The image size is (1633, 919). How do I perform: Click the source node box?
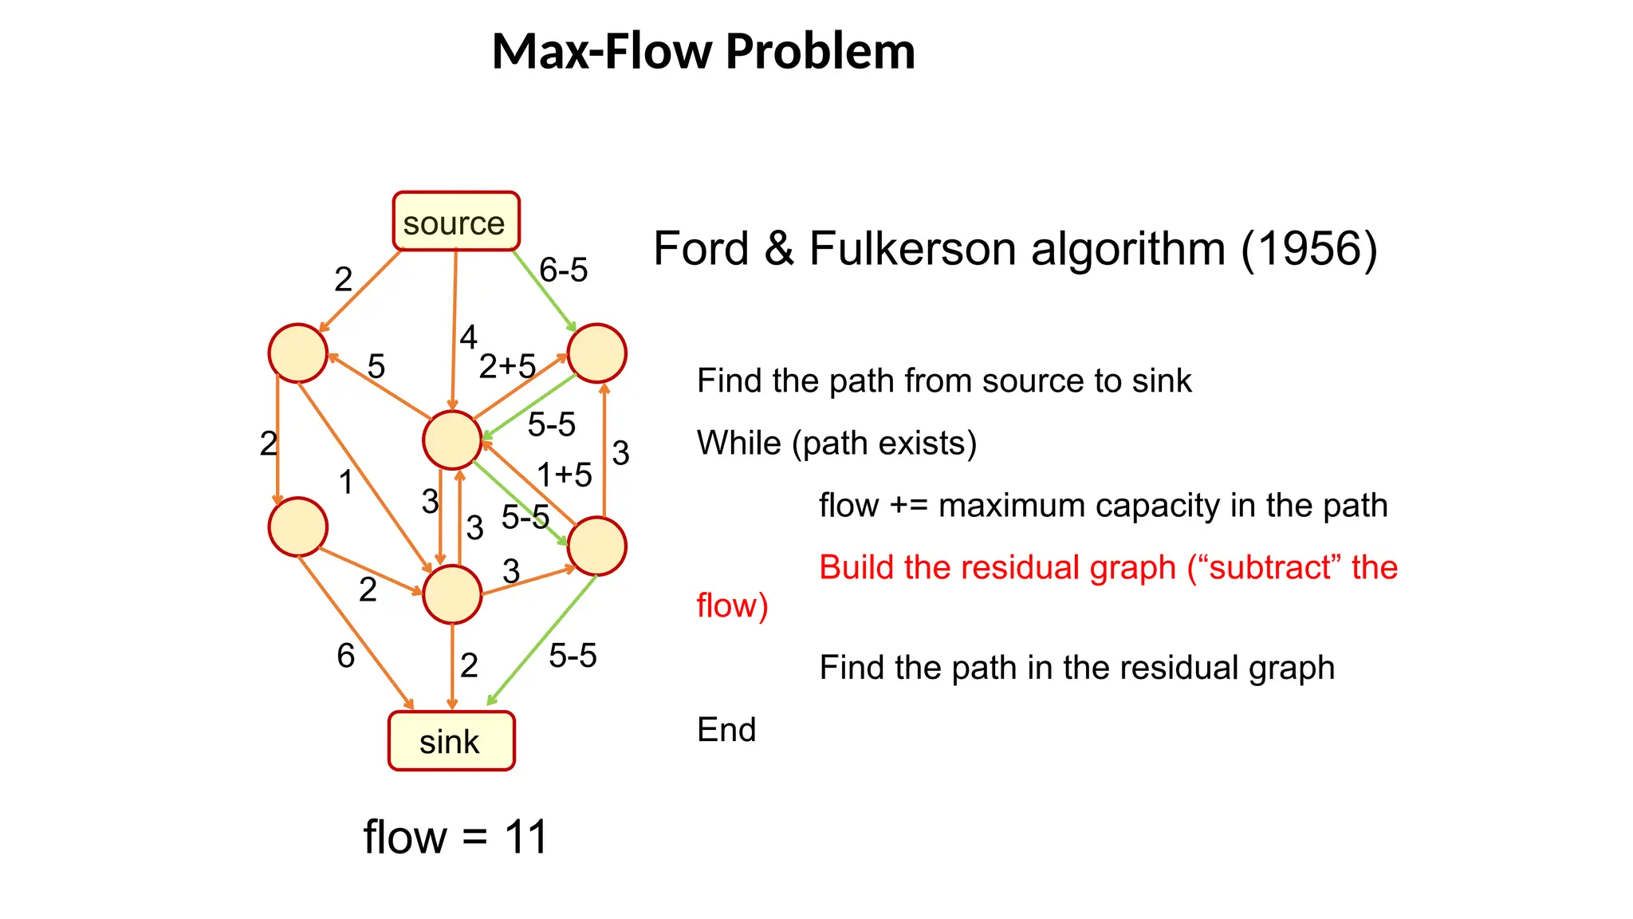pyautogui.click(x=455, y=222)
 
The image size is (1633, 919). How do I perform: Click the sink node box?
pyautogui.click(x=451, y=741)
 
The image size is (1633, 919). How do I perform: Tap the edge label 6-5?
pyautogui.click(x=563, y=270)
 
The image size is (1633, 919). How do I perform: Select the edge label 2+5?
pyautogui.click(x=507, y=366)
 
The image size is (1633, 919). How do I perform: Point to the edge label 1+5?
pyautogui.click(x=564, y=475)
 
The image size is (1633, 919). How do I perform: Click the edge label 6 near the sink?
pyautogui.click(x=345, y=656)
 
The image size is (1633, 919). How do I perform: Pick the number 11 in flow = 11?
pyautogui.click(x=525, y=837)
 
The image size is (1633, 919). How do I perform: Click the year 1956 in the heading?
pyautogui.click(x=1308, y=248)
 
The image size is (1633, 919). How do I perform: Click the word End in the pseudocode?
pyautogui.click(x=726, y=729)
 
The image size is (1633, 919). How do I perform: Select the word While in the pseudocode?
pyautogui.click(x=738, y=443)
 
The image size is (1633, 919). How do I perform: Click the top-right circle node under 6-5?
pyautogui.click(x=596, y=353)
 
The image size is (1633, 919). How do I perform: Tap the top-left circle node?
pyautogui.click(x=298, y=353)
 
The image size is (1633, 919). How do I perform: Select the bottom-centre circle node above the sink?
pyautogui.click(x=452, y=594)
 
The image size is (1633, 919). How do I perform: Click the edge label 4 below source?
pyautogui.click(x=468, y=337)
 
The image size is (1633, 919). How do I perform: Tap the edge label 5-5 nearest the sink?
pyautogui.click(x=573, y=656)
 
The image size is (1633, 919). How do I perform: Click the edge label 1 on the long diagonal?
pyautogui.click(x=345, y=482)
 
